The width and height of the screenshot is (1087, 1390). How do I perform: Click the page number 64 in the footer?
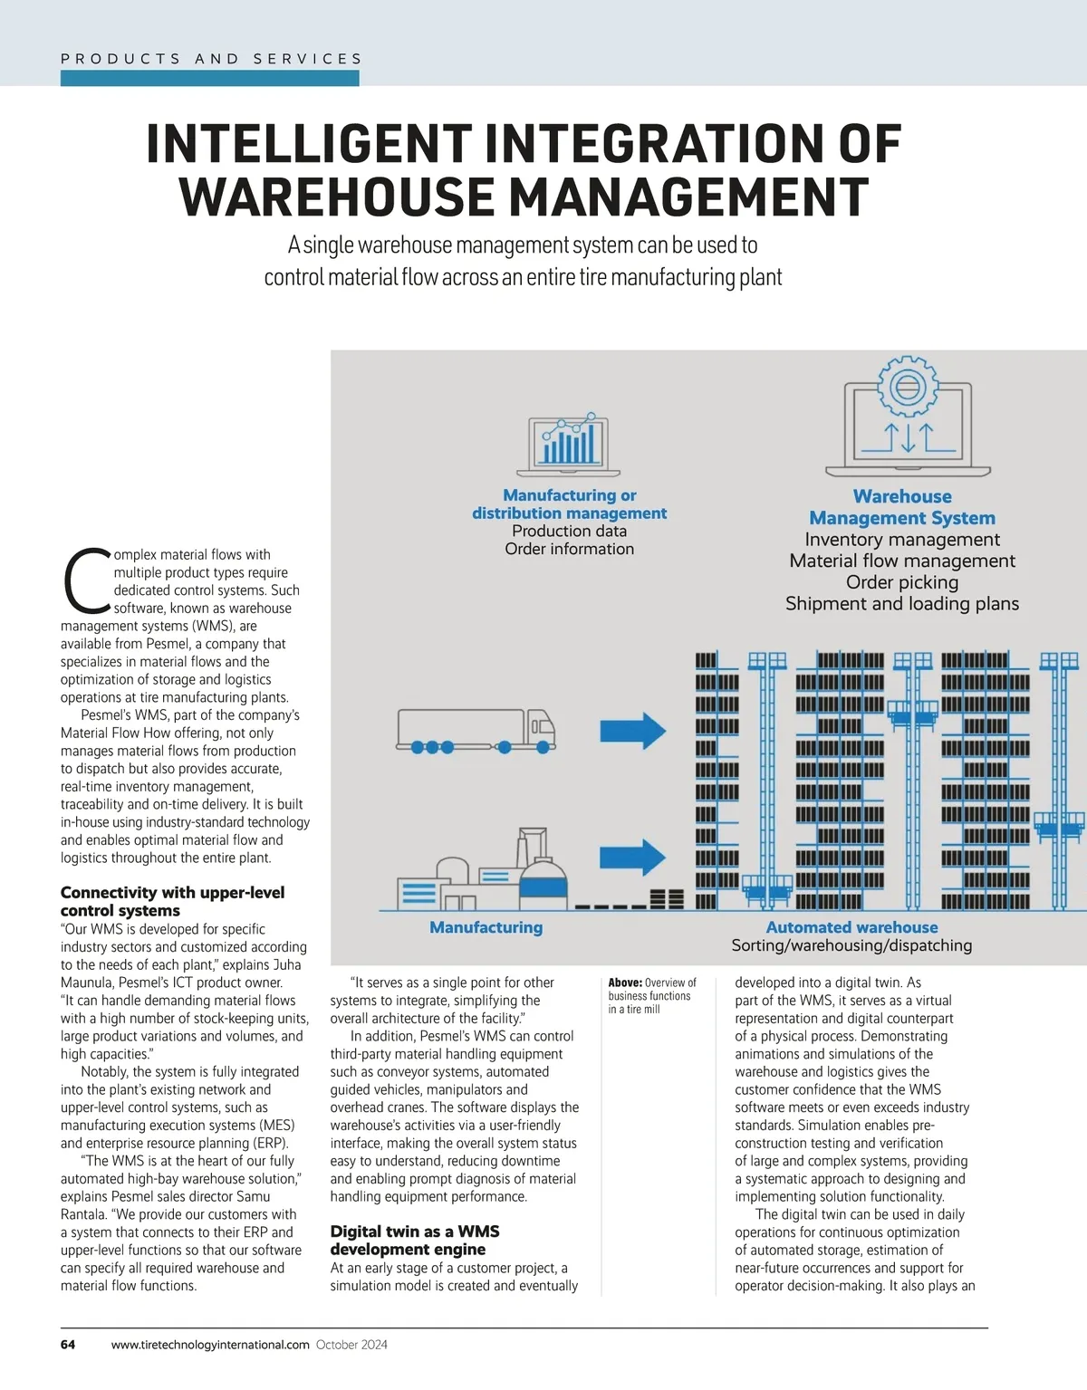coord(68,1345)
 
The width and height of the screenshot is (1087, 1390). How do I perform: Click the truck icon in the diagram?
coord(476,730)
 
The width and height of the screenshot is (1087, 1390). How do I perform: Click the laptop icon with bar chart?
coord(569,445)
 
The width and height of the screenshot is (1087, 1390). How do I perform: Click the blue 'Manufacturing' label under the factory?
coord(486,927)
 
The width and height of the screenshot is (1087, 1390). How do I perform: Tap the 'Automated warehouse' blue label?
coord(851,927)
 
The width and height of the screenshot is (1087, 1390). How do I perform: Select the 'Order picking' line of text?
coord(902,582)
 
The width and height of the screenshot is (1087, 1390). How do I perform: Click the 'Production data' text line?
coord(569,531)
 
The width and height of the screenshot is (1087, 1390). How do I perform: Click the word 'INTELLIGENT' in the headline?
coord(308,145)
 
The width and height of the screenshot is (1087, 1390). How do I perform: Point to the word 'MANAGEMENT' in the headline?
coord(688,197)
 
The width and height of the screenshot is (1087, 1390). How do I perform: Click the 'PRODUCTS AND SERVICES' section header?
coord(211,59)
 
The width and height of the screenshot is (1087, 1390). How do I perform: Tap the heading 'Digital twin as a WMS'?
coord(415,1232)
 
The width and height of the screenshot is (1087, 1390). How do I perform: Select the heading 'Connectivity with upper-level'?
coord(172,893)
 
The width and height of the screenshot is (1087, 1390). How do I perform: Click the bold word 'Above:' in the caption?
coord(625,983)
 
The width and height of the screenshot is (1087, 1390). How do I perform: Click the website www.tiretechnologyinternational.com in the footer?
coord(210,1345)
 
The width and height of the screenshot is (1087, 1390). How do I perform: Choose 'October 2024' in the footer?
coord(351,1345)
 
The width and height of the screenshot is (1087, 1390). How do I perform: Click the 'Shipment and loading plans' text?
coord(902,604)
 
